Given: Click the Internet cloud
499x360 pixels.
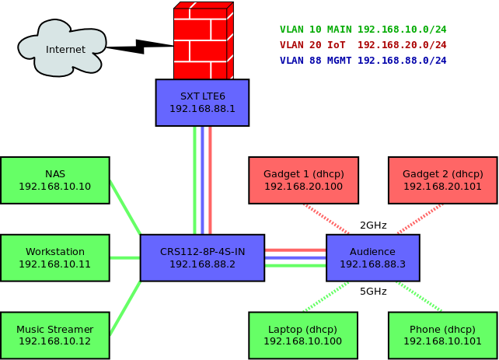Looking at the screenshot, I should [62, 48].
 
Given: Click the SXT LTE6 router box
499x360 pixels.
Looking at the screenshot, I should [202, 102].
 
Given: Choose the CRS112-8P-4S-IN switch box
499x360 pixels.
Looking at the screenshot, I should [202, 257].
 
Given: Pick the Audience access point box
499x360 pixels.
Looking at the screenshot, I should [372, 257].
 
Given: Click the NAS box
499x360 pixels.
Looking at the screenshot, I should [54, 180].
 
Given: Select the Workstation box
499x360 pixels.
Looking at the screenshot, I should [54, 257].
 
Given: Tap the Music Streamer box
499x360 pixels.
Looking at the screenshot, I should [54, 335].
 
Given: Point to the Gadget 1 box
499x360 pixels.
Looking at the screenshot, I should [303, 180].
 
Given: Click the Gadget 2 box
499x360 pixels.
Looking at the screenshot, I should [442, 180].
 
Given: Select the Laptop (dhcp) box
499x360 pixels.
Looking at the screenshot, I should [303, 335].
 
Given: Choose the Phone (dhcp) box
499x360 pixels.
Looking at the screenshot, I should [442, 335].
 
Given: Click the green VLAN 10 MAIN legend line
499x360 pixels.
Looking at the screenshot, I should [363, 30].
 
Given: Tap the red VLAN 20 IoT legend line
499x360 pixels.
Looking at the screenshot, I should [363, 45].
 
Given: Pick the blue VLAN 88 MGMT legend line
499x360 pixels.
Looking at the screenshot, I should [363, 61].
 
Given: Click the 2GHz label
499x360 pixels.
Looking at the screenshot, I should [373, 225].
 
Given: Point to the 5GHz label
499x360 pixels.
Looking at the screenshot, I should [373, 292].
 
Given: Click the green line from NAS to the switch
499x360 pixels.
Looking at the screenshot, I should [124, 207].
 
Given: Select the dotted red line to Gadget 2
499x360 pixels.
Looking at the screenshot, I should [420, 218].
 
